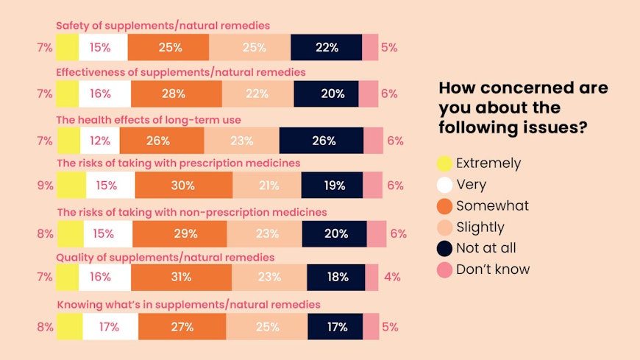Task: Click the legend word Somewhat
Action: pyautogui.click(x=492, y=206)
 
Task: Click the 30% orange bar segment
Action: pyautogui.click(x=183, y=186)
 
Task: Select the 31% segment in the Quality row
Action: pyautogui.click(x=181, y=278)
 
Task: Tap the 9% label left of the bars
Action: pyautogui.click(x=45, y=186)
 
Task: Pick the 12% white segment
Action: pyautogui.click(x=99, y=141)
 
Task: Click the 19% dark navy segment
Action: pyautogui.click(x=333, y=186)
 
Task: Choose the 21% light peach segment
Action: pyautogui.click(x=266, y=186)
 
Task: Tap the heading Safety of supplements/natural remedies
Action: pyautogui.click(x=163, y=26)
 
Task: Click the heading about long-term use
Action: pyautogui.click(x=149, y=119)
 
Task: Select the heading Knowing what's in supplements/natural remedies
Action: pyautogui.click(x=188, y=304)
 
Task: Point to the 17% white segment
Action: pyautogui.click(x=110, y=326)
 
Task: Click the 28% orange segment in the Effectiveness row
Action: pyautogui.click(x=176, y=93)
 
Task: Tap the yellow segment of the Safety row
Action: pyautogui.click(x=67, y=47)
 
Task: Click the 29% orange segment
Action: pyautogui.click(x=179, y=234)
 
